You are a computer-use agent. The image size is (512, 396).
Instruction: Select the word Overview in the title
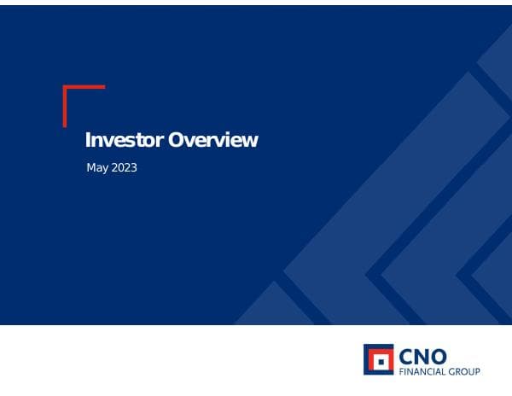[x=212, y=140]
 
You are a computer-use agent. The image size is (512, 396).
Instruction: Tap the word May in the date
[x=97, y=168]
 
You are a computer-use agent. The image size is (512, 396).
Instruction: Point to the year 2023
[x=124, y=167]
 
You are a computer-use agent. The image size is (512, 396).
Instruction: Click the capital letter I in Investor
[x=88, y=140]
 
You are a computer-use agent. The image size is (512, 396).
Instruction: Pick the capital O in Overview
[x=176, y=140]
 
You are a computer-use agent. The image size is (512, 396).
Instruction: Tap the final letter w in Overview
[x=251, y=141]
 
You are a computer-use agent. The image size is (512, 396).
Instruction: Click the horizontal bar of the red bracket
[x=84, y=87]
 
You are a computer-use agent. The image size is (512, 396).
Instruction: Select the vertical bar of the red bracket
[x=65, y=107]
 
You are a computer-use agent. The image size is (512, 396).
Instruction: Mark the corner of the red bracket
[x=65, y=87]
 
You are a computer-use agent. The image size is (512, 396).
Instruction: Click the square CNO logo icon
[x=379, y=359]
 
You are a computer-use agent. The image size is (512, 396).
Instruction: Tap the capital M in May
[x=91, y=167]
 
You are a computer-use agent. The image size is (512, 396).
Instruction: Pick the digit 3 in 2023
[x=133, y=167]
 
